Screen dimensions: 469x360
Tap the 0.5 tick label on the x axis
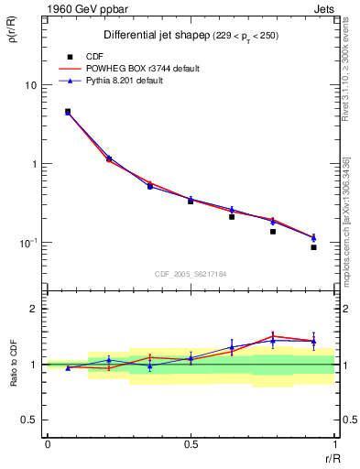pyautogui.click(x=191, y=444)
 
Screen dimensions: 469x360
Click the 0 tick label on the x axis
pyautogui.click(x=48, y=444)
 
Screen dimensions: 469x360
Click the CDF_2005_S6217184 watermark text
pyautogui.click(x=191, y=273)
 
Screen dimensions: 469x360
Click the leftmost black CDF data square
pyautogui.click(x=68, y=112)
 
